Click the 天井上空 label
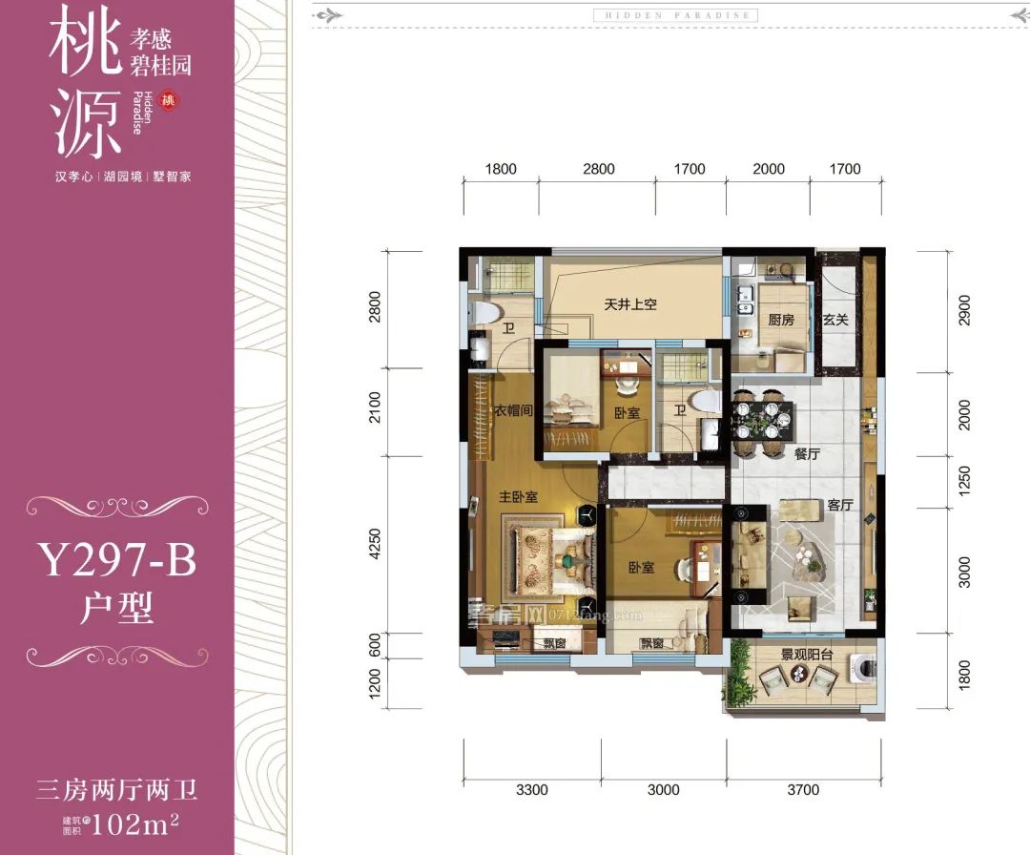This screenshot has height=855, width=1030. pos(630,305)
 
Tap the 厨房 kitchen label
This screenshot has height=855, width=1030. pos(781,320)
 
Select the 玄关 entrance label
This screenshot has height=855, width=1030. pos(835,320)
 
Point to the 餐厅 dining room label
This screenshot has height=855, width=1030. pos(807,455)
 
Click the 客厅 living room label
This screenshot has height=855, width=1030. pos(839,505)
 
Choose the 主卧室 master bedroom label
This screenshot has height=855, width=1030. pos(518,497)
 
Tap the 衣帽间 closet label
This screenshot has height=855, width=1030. pos(512,410)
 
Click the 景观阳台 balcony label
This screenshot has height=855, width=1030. pos(807,655)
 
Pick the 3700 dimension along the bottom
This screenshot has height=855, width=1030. pos(803,789)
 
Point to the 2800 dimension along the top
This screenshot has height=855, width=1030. pos(598,169)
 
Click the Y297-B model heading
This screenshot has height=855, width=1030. pos(116,561)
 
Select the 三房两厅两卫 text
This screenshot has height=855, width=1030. pos(116,790)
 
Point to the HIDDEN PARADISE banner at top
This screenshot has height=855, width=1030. pos(675,15)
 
